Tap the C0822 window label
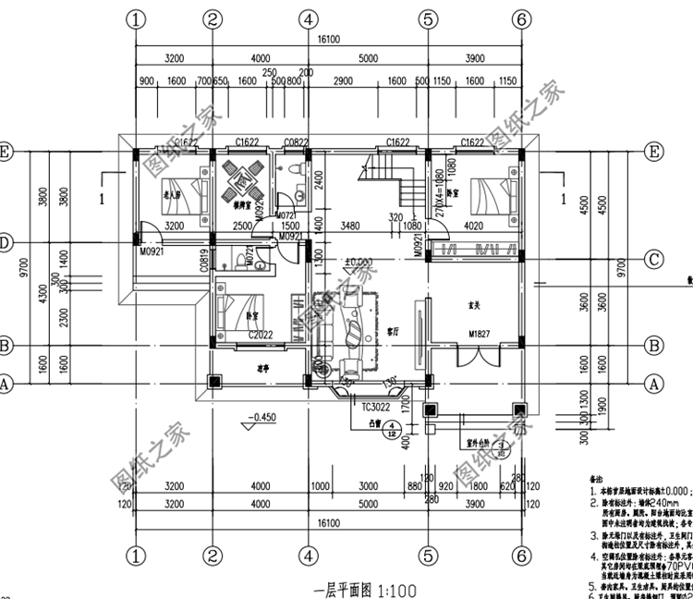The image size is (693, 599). coord(296,141)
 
